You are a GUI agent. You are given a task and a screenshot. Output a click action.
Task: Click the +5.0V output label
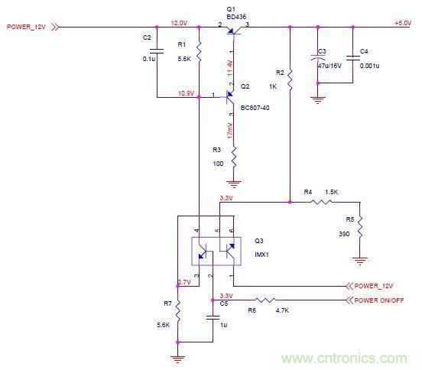point(402,24)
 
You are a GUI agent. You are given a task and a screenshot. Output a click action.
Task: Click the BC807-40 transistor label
point(255,108)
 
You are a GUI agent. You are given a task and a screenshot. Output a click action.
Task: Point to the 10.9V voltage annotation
point(186,92)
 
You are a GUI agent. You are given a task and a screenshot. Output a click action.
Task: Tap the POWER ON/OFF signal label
point(380,300)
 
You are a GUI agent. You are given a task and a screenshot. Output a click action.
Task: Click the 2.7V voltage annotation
point(184,282)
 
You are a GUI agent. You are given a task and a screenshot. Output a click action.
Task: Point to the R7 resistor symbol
point(177,311)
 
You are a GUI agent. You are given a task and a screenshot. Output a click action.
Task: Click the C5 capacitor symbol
point(213,316)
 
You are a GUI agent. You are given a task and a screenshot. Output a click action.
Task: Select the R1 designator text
point(181,45)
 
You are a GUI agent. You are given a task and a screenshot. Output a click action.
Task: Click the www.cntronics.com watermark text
point(346,357)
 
